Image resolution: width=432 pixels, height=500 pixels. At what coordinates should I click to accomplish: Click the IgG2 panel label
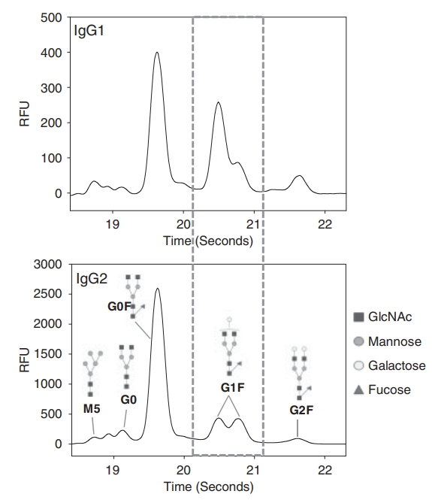pyautogui.click(x=92, y=280)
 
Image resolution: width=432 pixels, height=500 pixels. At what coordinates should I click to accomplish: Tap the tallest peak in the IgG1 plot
pyautogui.click(x=156, y=53)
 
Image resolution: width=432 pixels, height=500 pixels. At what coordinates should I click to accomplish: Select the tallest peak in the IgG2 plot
pyautogui.click(x=157, y=289)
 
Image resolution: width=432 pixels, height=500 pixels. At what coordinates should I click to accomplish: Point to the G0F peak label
pyautogui.click(x=118, y=307)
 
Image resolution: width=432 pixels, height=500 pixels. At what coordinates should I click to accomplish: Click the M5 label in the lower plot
pyautogui.click(x=91, y=411)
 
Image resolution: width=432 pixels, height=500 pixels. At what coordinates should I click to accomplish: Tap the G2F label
pyautogui.click(x=301, y=411)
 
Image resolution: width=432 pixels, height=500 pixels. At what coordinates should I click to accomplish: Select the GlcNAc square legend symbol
pyautogui.click(x=358, y=317)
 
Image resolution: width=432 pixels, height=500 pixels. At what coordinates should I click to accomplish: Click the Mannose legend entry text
pyautogui.click(x=393, y=341)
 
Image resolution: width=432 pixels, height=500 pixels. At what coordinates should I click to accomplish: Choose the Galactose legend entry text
pyautogui.click(x=396, y=365)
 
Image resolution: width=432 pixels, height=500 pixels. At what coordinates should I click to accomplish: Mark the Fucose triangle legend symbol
pyautogui.click(x=358, y=390)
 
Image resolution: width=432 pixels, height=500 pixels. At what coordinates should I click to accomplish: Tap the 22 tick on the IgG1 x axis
pyautogui.click(x=325, y=223)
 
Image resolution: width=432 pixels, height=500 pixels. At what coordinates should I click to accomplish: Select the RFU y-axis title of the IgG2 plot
pyautogui.click(x=24, y=353)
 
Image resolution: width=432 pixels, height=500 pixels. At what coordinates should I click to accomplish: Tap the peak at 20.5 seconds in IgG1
pyautogui.click(x=218, y=103)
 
